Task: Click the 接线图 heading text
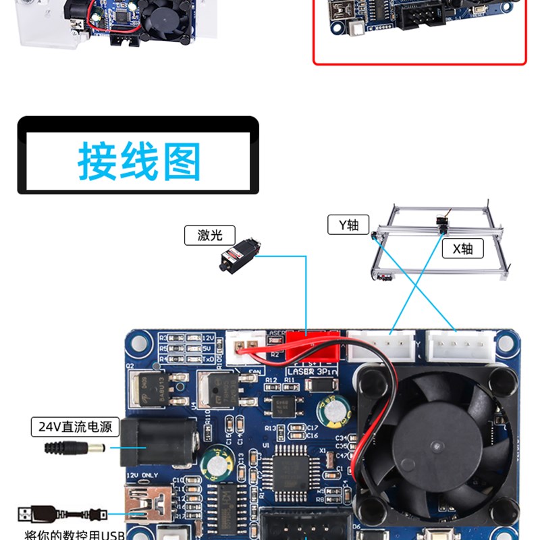pyautogui.click(x=138, y=161)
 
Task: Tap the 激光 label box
pyautogui.click(x=210, y=235)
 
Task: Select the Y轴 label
pyautogui.click(x=348, y=225)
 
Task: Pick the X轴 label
pyautogui.click(x=462, y=248)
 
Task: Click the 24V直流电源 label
pyautogui.click(x=75, y=427)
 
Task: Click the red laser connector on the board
pyautogui.click(x=312, y=346)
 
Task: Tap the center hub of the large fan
pyautogui.click(x=439, y=446)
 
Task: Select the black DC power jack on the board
pyautogui.click(x=159, y=441)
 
